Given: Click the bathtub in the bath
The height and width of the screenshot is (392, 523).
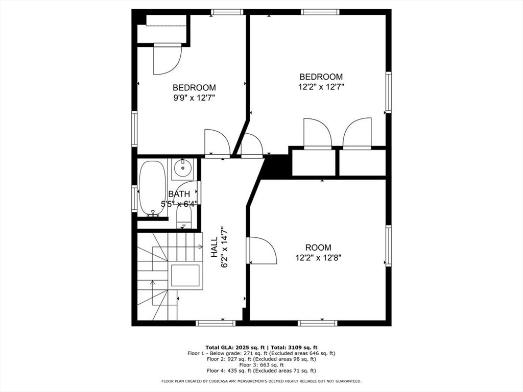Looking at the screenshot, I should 152,188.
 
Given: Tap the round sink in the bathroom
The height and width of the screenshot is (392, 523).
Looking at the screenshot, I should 181,167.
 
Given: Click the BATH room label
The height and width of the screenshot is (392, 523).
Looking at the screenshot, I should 179,194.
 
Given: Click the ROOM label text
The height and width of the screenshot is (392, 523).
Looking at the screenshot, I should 318,248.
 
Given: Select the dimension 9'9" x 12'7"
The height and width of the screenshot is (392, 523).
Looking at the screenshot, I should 194,97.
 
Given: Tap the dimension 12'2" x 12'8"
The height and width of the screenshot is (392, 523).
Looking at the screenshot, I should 318,258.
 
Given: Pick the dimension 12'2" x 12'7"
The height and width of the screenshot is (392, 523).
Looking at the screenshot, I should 321,87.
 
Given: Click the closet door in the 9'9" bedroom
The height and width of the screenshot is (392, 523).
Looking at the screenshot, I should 167,59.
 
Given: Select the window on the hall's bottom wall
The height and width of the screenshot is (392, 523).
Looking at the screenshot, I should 216,323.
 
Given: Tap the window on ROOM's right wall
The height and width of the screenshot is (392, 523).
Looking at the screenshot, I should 388,246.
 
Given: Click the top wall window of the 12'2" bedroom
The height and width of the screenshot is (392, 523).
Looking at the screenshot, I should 320,12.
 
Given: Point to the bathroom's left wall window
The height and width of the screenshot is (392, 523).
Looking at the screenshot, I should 134,199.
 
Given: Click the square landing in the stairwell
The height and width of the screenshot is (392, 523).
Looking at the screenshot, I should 186,276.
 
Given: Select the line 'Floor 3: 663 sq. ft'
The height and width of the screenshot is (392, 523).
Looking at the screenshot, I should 261,364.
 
